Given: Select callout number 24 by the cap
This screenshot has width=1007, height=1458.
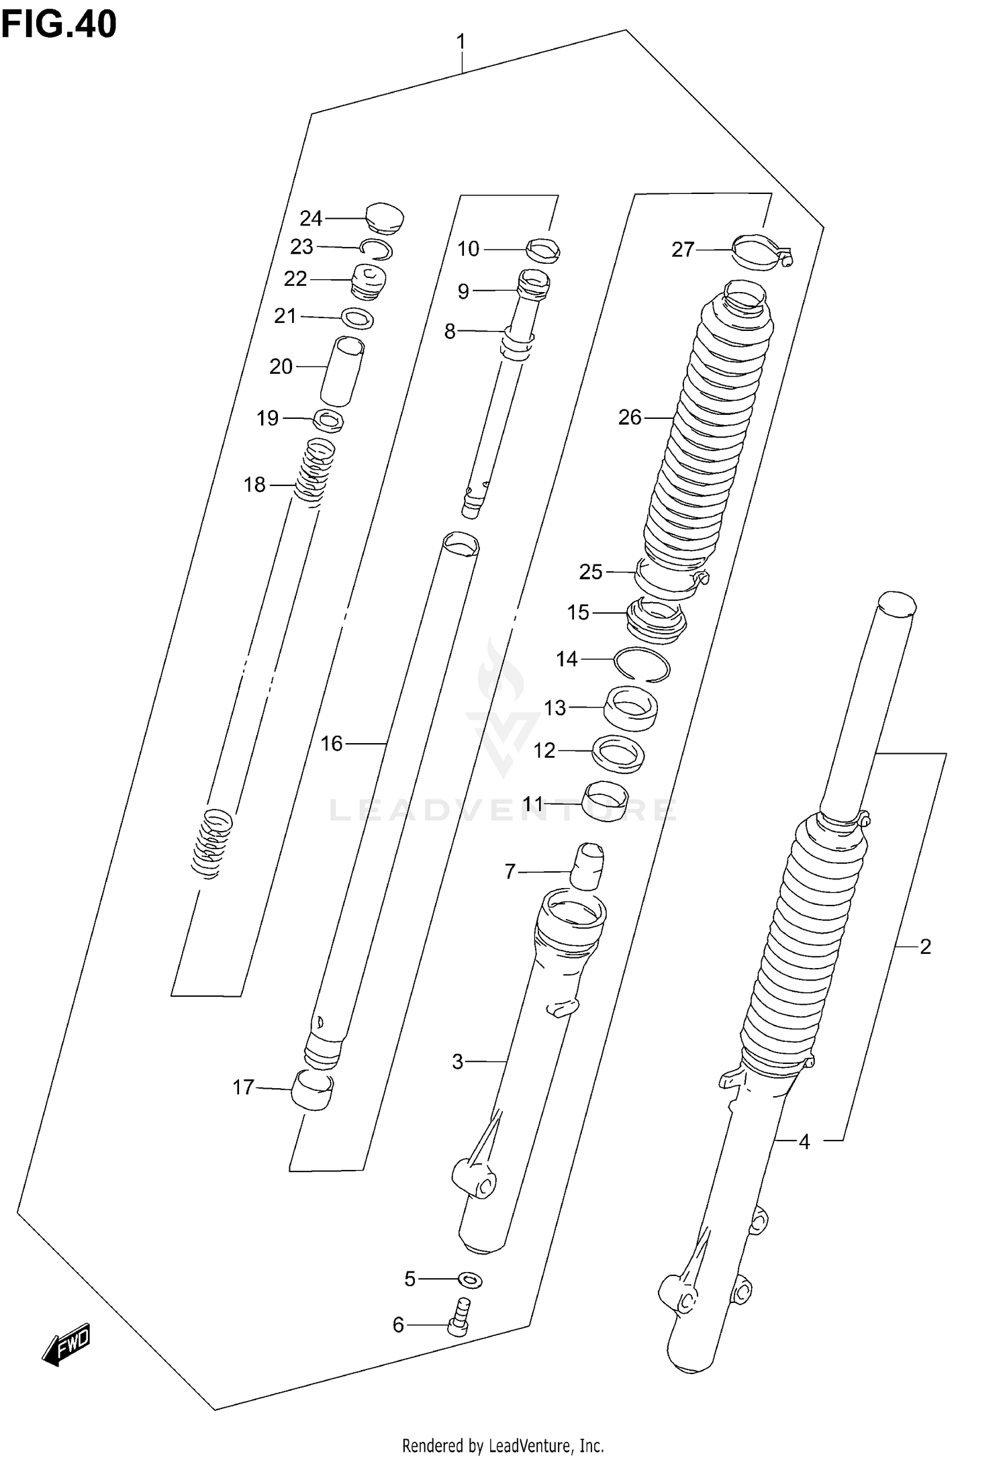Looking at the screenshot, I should tap(311, 218).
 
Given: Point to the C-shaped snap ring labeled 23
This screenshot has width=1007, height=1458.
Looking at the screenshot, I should tap(377, 249).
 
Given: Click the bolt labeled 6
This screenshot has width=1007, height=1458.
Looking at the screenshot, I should tap(460, 1318).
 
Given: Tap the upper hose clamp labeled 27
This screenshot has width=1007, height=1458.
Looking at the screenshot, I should tap(760, 251).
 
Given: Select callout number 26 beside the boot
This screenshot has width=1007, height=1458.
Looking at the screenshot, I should tap(630, 418).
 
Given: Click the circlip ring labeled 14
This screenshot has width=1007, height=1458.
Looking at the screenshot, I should tap(642, 665).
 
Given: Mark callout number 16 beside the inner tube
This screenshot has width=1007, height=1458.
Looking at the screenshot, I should tap(332, 743).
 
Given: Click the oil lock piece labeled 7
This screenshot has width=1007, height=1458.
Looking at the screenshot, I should tap(587, 866).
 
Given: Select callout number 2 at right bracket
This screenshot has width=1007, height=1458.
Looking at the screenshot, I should tap(925, 946).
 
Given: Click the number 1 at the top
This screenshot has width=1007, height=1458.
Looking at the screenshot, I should tap(461, 42).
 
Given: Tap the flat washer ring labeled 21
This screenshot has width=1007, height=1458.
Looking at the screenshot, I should tap(358, 318).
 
